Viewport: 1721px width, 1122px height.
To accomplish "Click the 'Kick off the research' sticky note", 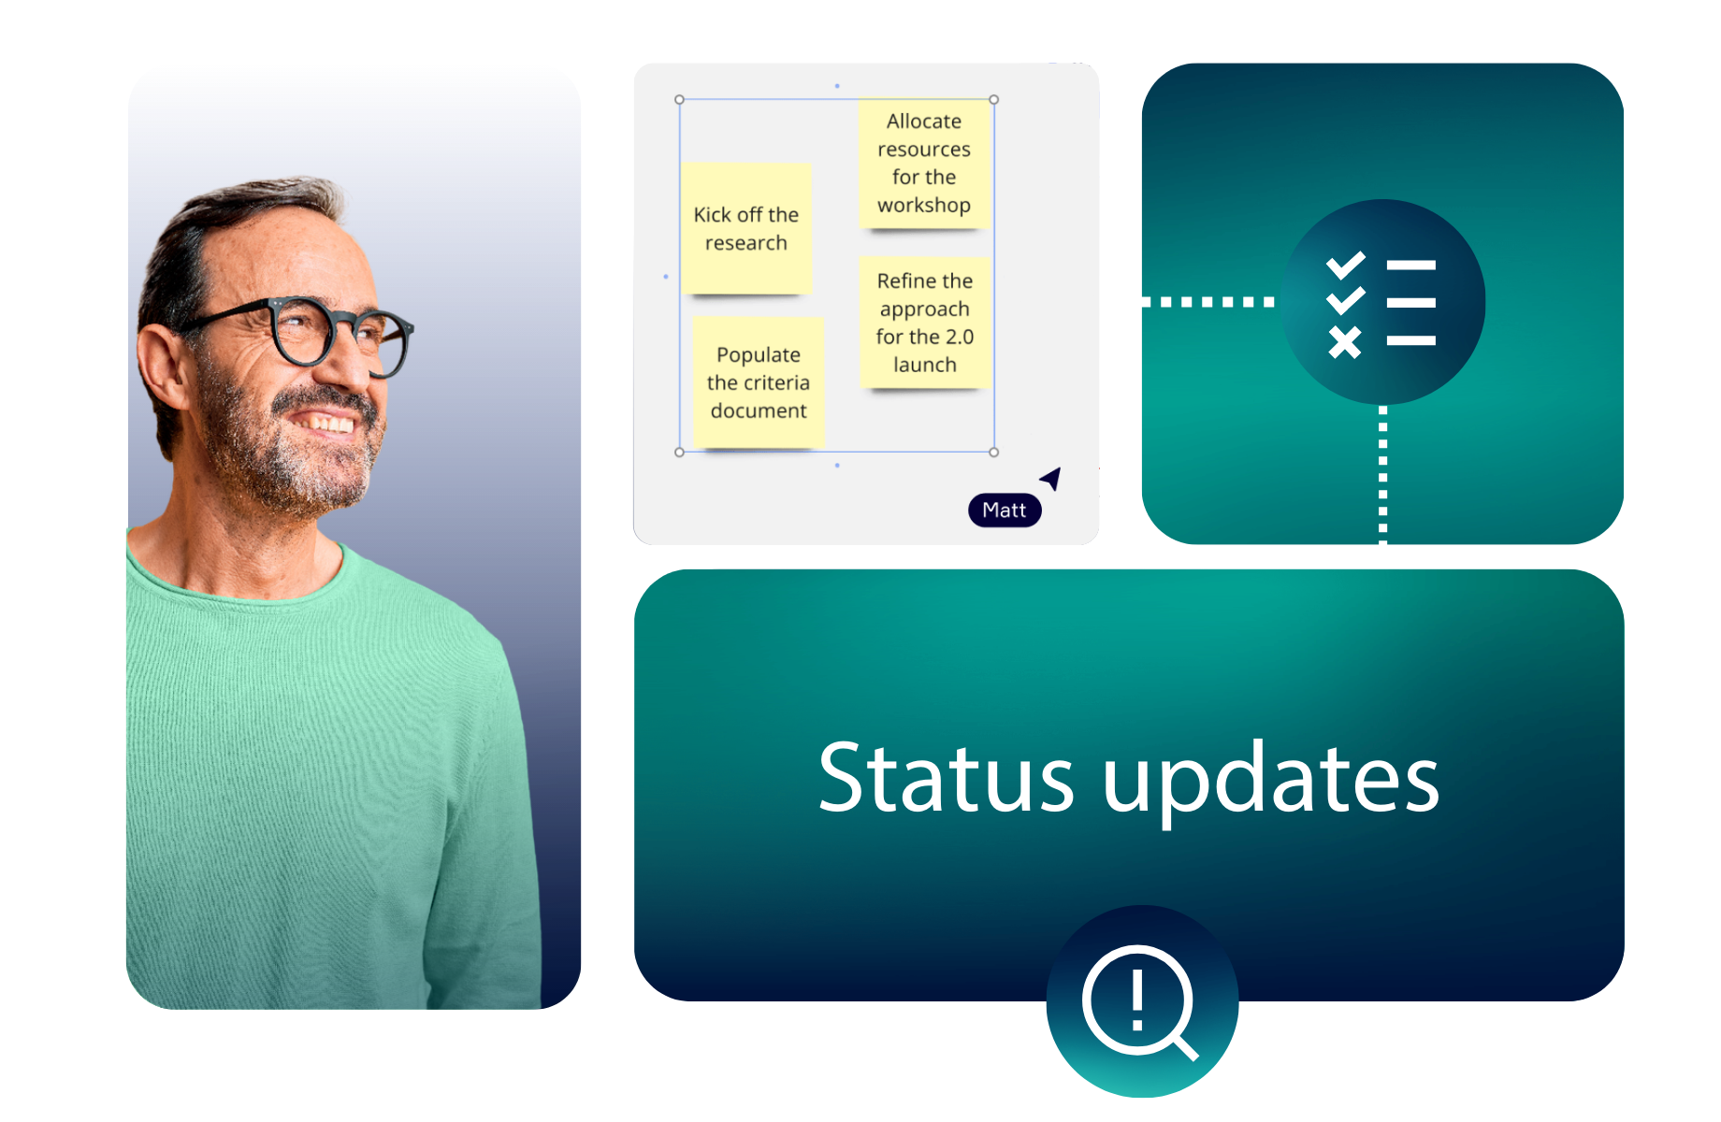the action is click(746, 229).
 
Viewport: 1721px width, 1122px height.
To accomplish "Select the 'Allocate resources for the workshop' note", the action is click(924, 164).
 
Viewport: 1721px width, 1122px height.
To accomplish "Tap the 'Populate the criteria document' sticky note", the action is click(759, 382).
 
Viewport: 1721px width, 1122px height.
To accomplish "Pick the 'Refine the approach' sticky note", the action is click(925, 323).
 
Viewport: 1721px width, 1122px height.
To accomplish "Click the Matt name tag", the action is click(1005, 511).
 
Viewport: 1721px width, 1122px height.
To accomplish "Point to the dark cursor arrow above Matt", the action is click(1052, 478).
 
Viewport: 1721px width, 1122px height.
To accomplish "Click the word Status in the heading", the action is click(946, 777).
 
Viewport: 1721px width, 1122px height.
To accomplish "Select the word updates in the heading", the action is click(1271, 781).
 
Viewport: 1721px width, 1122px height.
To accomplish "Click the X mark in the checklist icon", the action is click(1345, 342).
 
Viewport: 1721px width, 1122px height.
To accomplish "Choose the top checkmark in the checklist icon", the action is click(1346, 266).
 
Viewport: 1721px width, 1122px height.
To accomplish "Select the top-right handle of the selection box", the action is click(994, 99).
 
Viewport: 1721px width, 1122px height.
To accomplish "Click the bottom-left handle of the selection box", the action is click(680, 453).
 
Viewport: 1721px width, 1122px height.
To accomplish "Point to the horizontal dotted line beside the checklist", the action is click(1208, 302).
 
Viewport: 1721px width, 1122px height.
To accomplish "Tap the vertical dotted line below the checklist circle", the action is click(1383, 475).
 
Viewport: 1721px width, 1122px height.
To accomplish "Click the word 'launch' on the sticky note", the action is click(925, 365).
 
